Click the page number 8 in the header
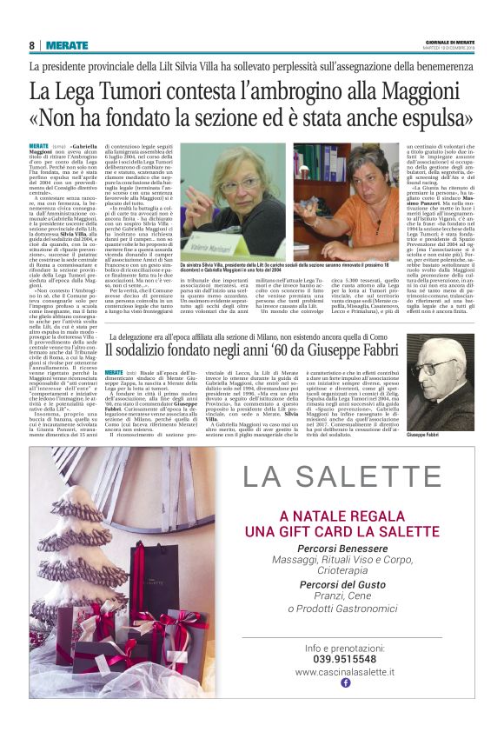pyautogui.click(x=32, y=45)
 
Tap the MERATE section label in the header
pyautogui.click(x=67, y=45)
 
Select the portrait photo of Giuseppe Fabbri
pyautogui.click(x=440, y=369)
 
